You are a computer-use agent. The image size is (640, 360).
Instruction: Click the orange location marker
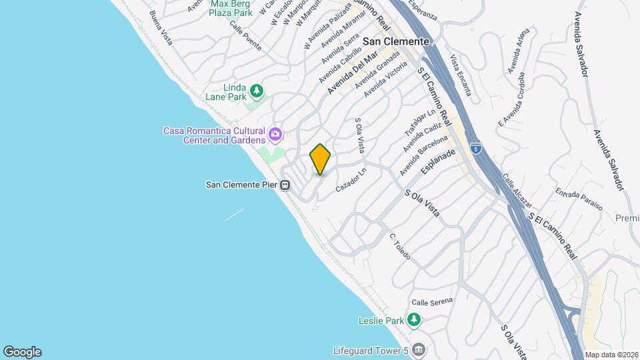(321, 159)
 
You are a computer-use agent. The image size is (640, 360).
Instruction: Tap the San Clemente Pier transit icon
(285, 185)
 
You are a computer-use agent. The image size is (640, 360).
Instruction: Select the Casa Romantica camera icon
(275, 136)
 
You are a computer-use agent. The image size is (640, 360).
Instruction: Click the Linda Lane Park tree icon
(256, 90)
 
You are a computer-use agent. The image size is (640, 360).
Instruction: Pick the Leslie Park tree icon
(415, 321)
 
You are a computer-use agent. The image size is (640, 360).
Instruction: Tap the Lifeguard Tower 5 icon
(418, 350)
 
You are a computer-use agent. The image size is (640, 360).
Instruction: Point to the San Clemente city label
(395, 41)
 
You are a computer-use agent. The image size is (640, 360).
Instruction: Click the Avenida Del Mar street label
(353, 73)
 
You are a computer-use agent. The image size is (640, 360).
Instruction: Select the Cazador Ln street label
(351, 180)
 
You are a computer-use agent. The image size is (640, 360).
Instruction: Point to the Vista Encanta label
(461, 75)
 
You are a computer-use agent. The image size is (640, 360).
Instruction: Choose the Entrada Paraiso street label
(579, 199)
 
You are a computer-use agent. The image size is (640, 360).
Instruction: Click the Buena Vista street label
(161, 28)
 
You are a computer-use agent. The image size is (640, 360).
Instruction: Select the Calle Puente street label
(245, 35)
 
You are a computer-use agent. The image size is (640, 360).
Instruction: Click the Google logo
(22, 351)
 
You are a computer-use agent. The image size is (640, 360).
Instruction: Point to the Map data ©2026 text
(611, 355)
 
